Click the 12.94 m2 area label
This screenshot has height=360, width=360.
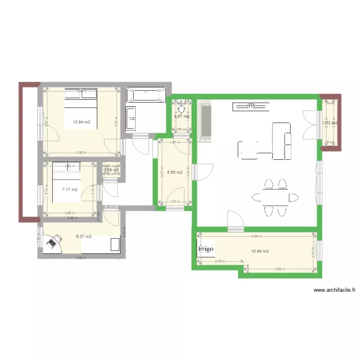click(81, 122)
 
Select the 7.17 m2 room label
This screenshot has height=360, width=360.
click(70, 189)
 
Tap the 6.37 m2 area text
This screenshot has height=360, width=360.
click(84, 236)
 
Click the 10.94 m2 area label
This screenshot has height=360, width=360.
click(260, 251)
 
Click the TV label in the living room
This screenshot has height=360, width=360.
click(251, 107)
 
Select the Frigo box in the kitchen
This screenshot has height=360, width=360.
click(205, 250)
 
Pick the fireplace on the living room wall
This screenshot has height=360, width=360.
click(207, 122)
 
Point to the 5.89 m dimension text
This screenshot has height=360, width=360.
click(257, 236)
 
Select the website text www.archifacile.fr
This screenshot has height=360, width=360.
click(335, 290)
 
